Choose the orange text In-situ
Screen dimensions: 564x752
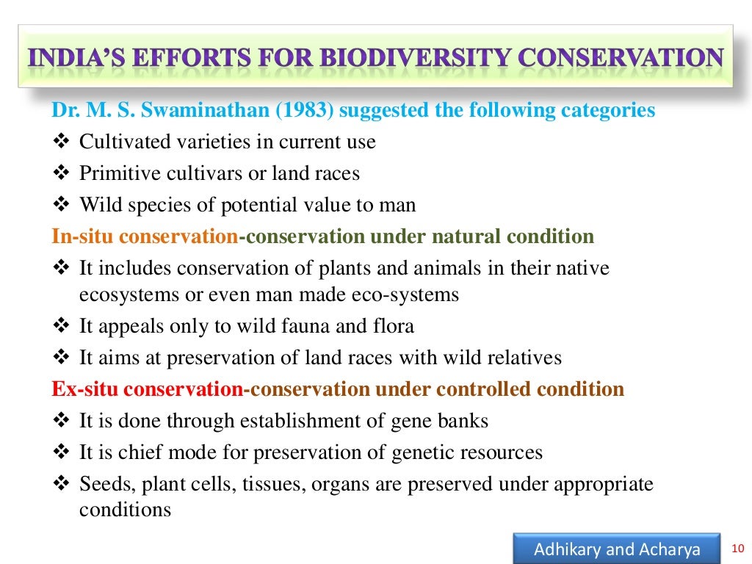[x=83, y=236]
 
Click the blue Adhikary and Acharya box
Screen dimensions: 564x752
[x=617, y=549]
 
